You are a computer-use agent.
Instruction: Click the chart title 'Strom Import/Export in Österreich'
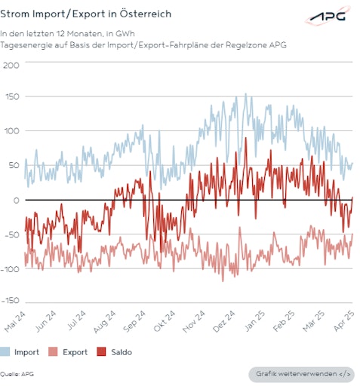coord(85,14)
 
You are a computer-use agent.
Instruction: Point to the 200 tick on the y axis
coord(11,65)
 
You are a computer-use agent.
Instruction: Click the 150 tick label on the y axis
coord(11,98)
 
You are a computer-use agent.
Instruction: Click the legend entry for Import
coord(20,351)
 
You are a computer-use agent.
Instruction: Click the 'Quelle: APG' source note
coord(17,373)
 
